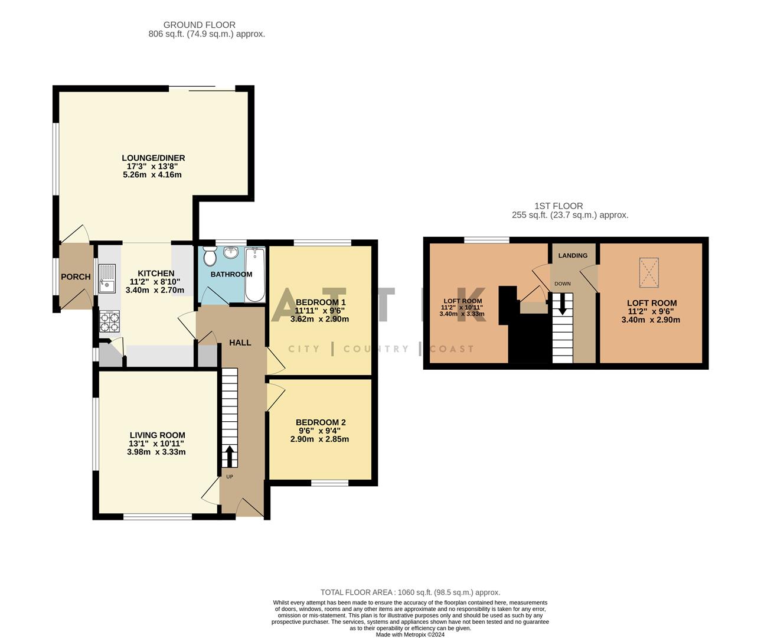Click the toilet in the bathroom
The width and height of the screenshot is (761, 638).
(x=209, y=257)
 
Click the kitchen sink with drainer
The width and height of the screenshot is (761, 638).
(x=107, y=279)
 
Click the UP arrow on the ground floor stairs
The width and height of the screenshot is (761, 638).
(x=228, y=456)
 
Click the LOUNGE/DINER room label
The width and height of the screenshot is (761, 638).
(x=153, y=158)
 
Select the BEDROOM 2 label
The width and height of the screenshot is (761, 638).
(x=321, y=422)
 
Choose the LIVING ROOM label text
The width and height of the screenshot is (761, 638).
(x=157, y=435)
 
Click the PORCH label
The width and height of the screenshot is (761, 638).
(x=76, y=276)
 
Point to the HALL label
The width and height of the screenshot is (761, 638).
(x=240, y=343)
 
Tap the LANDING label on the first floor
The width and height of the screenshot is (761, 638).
(x=573, y=256)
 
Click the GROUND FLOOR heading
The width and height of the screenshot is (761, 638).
(x=200, y=25)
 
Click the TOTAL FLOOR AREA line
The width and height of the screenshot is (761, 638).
(x=410, y=592)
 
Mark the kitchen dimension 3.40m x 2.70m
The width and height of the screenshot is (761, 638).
(x=155, y=290)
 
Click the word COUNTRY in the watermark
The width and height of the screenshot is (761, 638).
(x=375, y=349)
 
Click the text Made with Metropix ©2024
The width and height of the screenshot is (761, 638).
(x=410, y=634)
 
